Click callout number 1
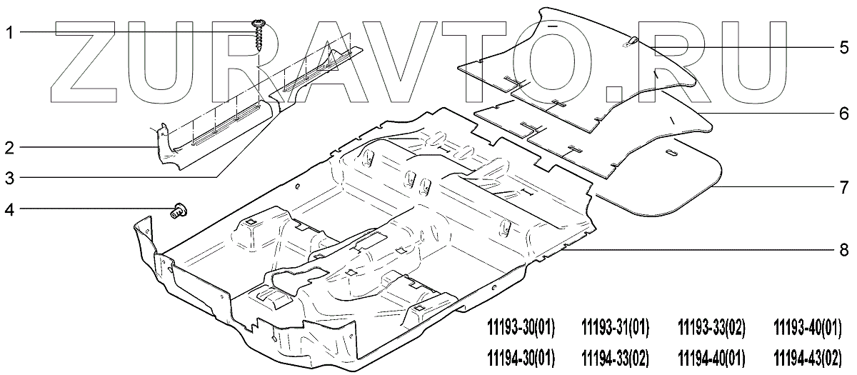tap(10, 33)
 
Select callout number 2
tap(10, 148)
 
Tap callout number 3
tap(10, 178)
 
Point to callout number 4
tap(10, 209)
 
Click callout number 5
tap(844, 48)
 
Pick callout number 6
tap(844, 114)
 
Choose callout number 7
tap(844, 187)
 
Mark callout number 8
tap(844, 250)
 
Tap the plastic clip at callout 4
tap(179, 211)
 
